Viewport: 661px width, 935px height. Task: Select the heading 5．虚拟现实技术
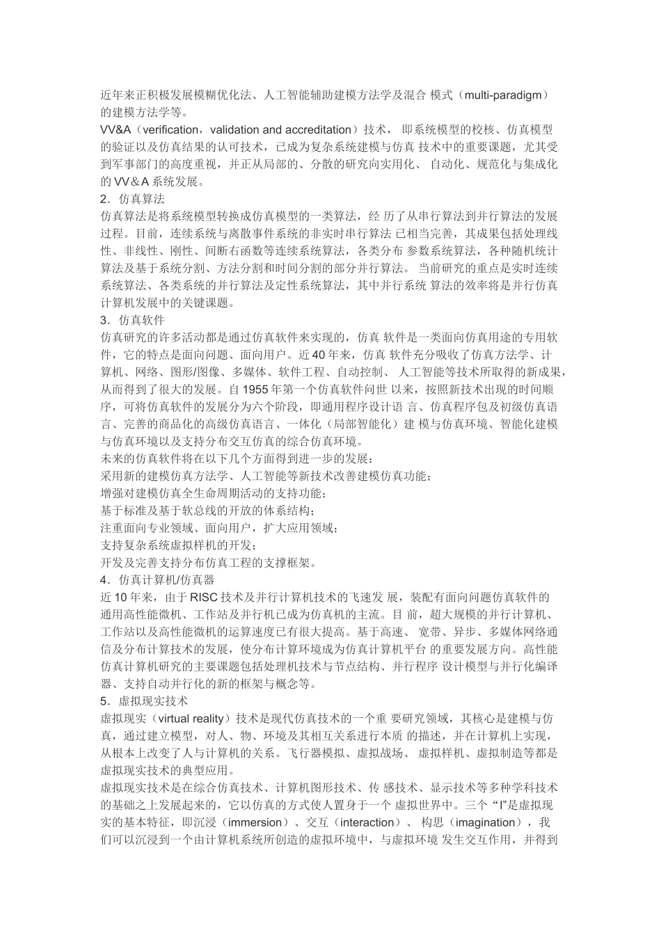(x=145, y=701)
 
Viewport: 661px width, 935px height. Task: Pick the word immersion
(x=255, y=822)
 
